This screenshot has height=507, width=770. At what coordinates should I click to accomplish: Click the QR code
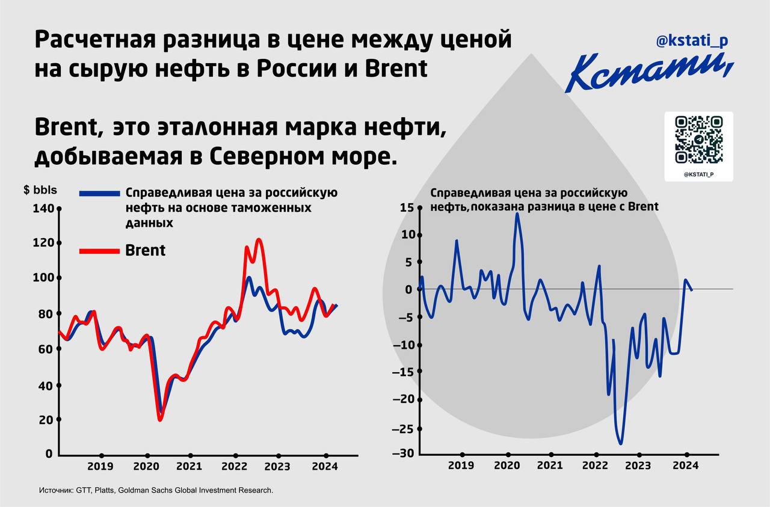click(698, 140)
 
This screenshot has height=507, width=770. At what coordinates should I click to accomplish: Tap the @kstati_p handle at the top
click(692, 41)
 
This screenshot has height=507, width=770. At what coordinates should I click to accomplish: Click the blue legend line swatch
click(100, 193)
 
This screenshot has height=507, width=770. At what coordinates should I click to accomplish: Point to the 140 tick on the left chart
click(46, 209)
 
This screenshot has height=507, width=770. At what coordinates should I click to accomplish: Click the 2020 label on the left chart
click(146, 466)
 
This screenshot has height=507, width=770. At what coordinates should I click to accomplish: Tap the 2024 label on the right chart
click(685, 466)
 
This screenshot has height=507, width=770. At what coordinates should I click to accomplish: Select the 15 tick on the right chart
click(407, 207)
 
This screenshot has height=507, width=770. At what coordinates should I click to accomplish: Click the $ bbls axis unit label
click(40, 191)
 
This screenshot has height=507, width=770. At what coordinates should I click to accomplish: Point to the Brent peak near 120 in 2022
click(259, 240)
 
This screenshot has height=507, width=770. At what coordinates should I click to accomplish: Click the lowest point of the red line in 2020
click(160, 419)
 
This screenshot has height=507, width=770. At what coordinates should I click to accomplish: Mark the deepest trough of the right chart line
click(620, 444)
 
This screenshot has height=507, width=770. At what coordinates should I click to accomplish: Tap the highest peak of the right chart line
click(517, 214)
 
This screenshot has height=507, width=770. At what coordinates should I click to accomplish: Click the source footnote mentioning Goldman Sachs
click(156, 491)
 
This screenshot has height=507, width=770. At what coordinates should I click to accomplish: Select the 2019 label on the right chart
click(461, 466)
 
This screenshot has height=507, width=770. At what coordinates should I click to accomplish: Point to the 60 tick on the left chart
click(46, 349)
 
